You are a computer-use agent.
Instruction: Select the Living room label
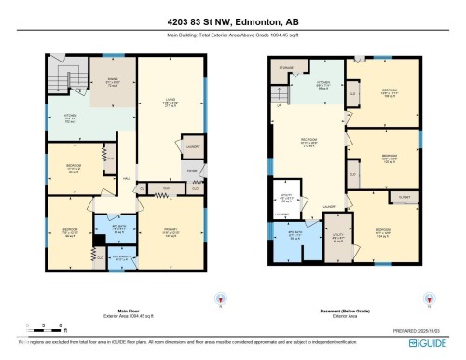point(170,102)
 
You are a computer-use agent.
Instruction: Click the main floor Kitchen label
point(70,118)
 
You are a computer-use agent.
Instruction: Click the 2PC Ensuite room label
point(115,258)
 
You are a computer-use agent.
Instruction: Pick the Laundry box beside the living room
point(190,145)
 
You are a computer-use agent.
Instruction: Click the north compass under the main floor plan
point(220,298)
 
